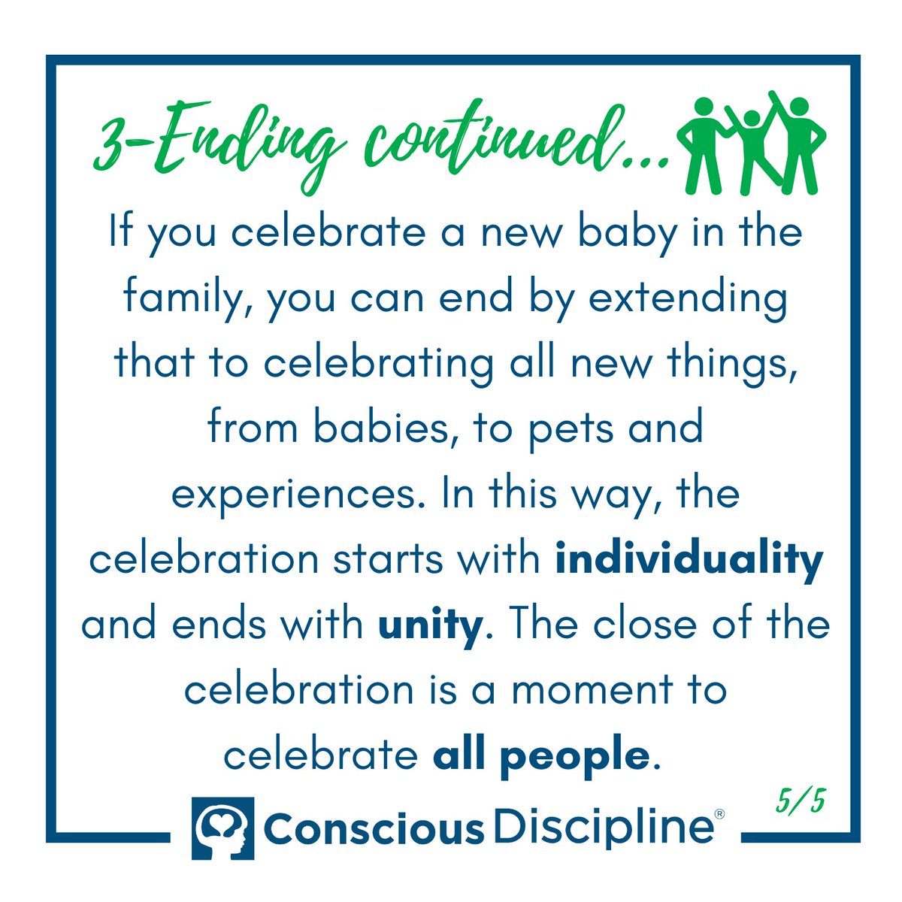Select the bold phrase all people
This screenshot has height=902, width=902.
pos(540,755)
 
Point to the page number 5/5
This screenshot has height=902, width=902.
pos(801,802)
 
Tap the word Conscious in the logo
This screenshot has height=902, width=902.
pos(374,828)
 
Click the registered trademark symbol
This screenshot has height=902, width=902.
pos(719,814)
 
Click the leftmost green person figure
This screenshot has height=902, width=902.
pos(704,143)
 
